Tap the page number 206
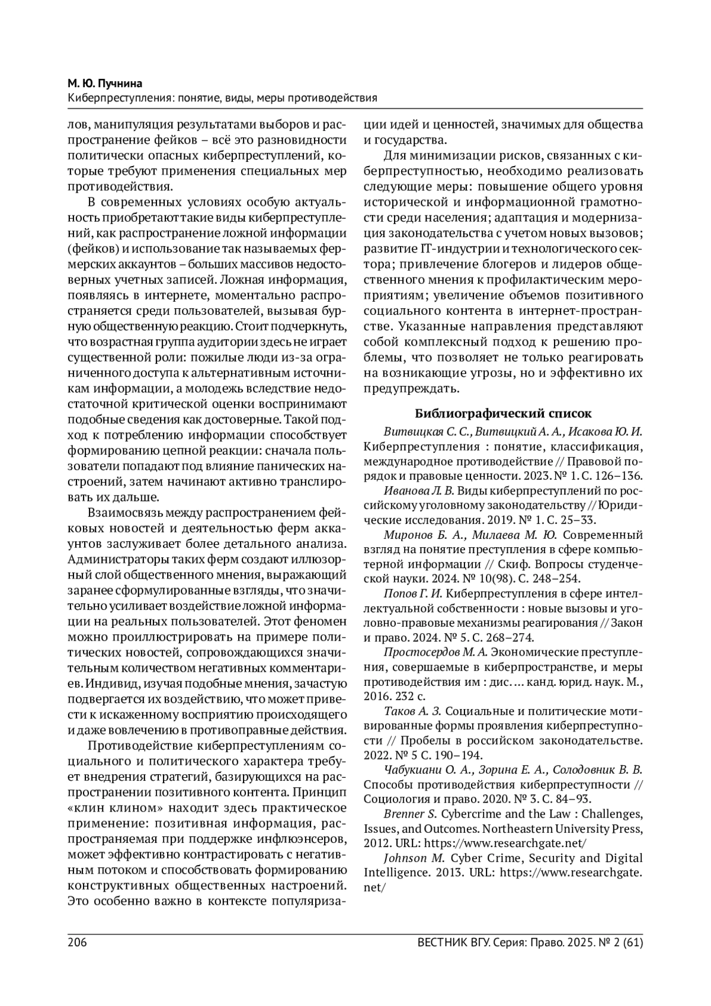point(78,942)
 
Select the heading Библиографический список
point(503,413)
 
